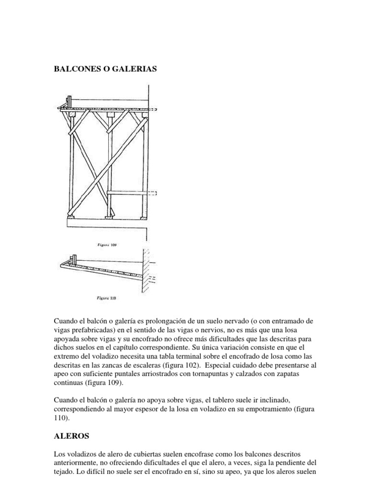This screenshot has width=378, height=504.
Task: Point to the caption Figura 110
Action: coord(106,298)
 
